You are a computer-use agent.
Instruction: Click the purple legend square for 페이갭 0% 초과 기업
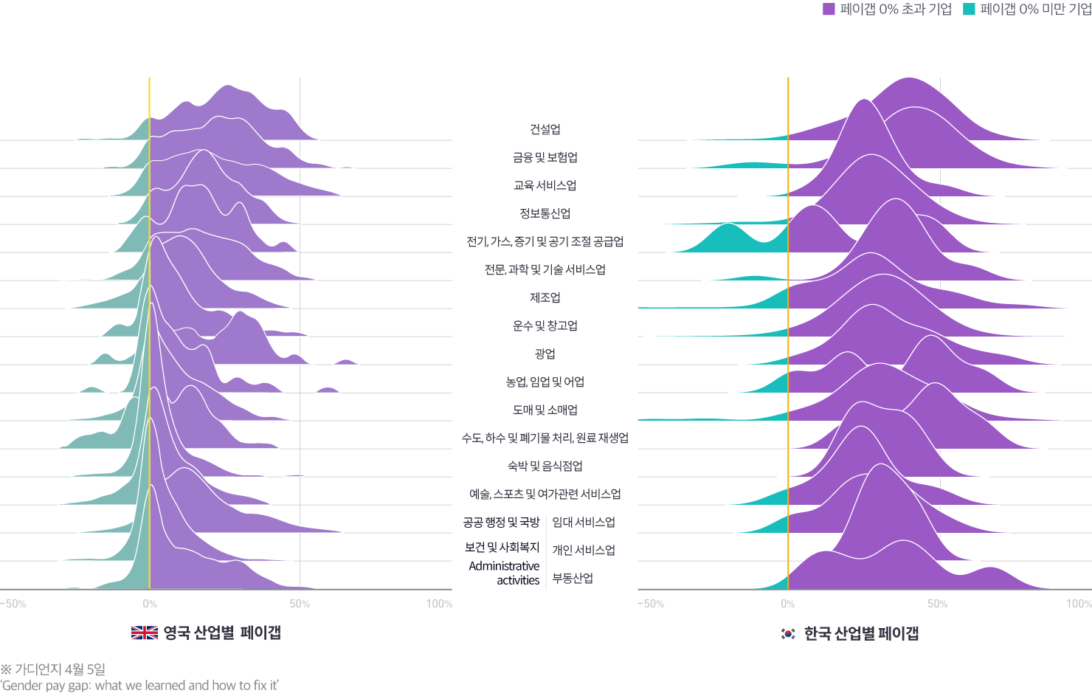click(828, 9)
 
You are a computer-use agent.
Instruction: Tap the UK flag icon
click(144, 633)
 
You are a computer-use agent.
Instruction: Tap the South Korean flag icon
click(787, 633)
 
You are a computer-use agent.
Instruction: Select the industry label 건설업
click(545, 130)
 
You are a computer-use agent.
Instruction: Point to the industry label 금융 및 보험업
click(545, 158)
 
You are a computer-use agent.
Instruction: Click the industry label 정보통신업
click(545, 214)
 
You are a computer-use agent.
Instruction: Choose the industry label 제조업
click(545, 298)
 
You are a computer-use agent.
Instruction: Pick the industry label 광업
click(545, 354)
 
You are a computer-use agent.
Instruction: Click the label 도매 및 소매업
click(545, 410)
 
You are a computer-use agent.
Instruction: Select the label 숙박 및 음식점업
click(545, 466)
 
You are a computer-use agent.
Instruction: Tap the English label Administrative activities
click(505, 573)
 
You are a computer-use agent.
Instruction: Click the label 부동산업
click(573, 579)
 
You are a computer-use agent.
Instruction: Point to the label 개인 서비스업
click(584, 551)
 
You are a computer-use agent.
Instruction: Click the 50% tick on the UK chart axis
click(300, 604)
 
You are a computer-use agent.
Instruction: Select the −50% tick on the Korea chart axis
click(650, 604)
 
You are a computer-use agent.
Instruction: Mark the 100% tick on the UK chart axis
click(439, 604)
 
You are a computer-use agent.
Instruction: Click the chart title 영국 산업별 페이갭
click(221, 633)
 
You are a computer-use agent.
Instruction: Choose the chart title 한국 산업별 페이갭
click(860, 633)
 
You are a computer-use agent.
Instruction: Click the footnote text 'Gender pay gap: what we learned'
click(139, 685)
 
